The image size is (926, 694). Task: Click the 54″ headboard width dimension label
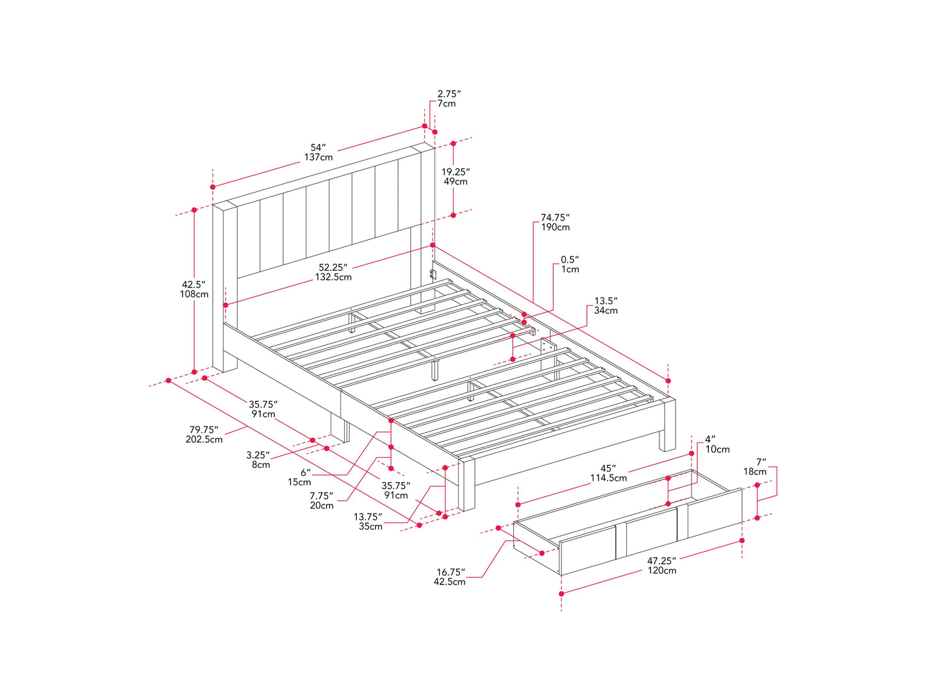[x=318, y=152]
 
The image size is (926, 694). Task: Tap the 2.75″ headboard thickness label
[x=449, y=99]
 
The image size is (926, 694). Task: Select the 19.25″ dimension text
[x=456, y=177]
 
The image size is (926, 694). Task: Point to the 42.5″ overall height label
[x=194, y=289]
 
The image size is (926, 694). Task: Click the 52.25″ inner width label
[x=333, y=272]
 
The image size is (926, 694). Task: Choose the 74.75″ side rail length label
[x=555, y=222]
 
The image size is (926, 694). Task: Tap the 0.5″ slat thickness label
[x=570, y=264]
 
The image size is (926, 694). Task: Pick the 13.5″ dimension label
[x=606, y=305]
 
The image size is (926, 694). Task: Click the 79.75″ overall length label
[x=204, y=435]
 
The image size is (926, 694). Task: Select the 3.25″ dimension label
[x=258, y=460]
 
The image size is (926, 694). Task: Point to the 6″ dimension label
[x=299, y=477]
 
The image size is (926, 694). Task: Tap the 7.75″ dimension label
[x=322, y=501]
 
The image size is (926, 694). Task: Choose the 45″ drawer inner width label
[x=608, y=473]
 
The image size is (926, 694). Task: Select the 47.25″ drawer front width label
[x=662, y=565]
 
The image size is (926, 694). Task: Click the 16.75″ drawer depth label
[x=450, y=577]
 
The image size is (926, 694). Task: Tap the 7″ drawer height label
[x=755, y=467]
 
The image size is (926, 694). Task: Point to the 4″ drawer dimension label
[x=718, y=444]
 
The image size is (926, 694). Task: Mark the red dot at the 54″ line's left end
[x=213, y=187]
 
